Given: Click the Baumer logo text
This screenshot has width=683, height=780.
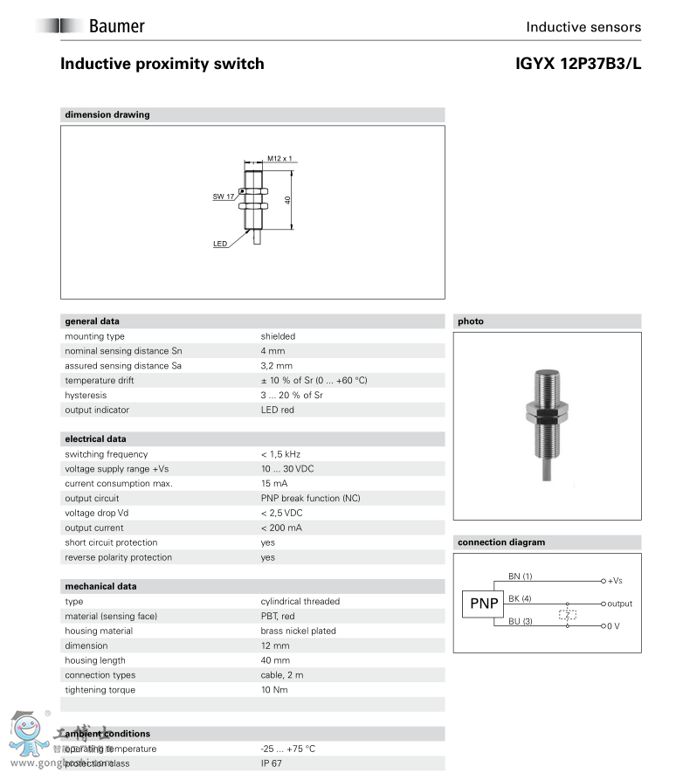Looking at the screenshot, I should (x=116, y=26).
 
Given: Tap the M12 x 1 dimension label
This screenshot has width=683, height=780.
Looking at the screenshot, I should (x=279, y=159).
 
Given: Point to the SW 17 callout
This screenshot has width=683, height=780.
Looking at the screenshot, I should (x=224, y=197).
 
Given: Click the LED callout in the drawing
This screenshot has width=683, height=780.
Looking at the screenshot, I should (x=220, y=244).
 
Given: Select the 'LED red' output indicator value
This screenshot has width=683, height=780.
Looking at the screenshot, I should (x=277, y=410).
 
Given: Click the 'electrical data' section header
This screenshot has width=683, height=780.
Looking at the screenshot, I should (x=94, y=439).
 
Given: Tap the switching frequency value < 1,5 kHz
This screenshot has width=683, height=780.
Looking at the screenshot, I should (x=280, y=454).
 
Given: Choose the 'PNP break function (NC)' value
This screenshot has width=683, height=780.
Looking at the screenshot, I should (x=310, y=499).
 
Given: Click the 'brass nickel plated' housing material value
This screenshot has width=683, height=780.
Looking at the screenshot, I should (x=298, y=631).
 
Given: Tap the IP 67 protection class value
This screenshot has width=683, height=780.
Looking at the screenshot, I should (x=272, y=763).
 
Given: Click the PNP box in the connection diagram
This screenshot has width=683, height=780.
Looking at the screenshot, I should (x=483, y=604).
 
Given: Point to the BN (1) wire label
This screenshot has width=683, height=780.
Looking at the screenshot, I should (x=520, y=576).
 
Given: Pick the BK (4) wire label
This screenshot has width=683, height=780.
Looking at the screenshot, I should (x=520, y=598).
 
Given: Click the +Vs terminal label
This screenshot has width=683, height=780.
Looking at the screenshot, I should (x=615, y=581).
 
